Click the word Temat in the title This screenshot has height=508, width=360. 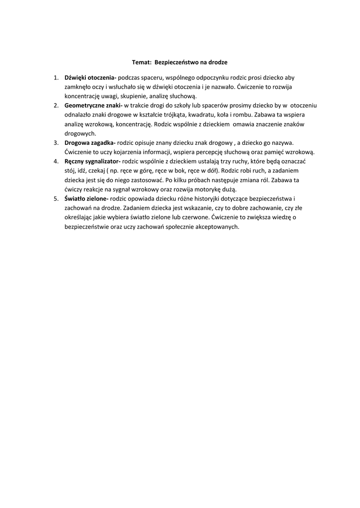(x=142, y=63)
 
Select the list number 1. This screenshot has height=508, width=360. (x=56, y=78)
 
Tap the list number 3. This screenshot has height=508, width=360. (x=56, y=143)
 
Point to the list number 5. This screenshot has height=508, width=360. (x=56, y=198)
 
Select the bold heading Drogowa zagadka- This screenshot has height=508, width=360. (x=90, y=143)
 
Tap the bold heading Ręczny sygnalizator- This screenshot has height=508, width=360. (x=93, y=161)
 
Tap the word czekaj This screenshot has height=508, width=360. (x=97, y=171)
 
